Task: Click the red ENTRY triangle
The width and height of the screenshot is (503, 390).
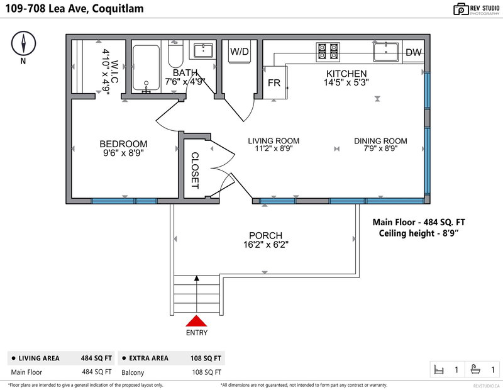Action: [196, 321]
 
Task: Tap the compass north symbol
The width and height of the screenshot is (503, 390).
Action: [23, 43]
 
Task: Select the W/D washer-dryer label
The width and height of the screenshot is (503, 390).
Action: [240, 52]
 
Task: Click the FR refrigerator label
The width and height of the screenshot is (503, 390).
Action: [274, 83]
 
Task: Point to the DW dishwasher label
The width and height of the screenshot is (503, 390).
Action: [414, 52]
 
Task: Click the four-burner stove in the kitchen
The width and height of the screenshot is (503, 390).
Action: [328, 52]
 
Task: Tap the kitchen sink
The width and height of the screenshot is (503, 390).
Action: [386, 52]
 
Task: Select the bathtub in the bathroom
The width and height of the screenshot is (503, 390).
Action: [146, 68]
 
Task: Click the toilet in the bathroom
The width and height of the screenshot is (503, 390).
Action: [175, 54]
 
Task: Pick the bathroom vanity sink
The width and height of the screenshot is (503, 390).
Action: [203, 51]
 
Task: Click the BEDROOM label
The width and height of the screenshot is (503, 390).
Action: [123, 144]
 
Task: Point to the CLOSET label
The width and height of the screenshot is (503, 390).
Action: [195, 170]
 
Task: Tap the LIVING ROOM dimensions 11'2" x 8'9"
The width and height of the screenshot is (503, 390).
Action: [274, 148]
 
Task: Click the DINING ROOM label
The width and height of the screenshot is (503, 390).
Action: [380, 141]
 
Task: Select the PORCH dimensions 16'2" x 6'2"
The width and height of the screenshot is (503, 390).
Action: [265, 245]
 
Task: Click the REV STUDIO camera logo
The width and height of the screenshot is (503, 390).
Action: [461, 9]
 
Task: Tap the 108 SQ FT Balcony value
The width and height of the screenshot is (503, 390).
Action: [207, 372]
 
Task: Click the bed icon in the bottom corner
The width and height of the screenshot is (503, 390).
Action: [438, 370]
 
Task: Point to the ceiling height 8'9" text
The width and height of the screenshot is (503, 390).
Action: [419, 233]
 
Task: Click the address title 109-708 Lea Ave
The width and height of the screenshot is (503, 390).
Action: [46, 8]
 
